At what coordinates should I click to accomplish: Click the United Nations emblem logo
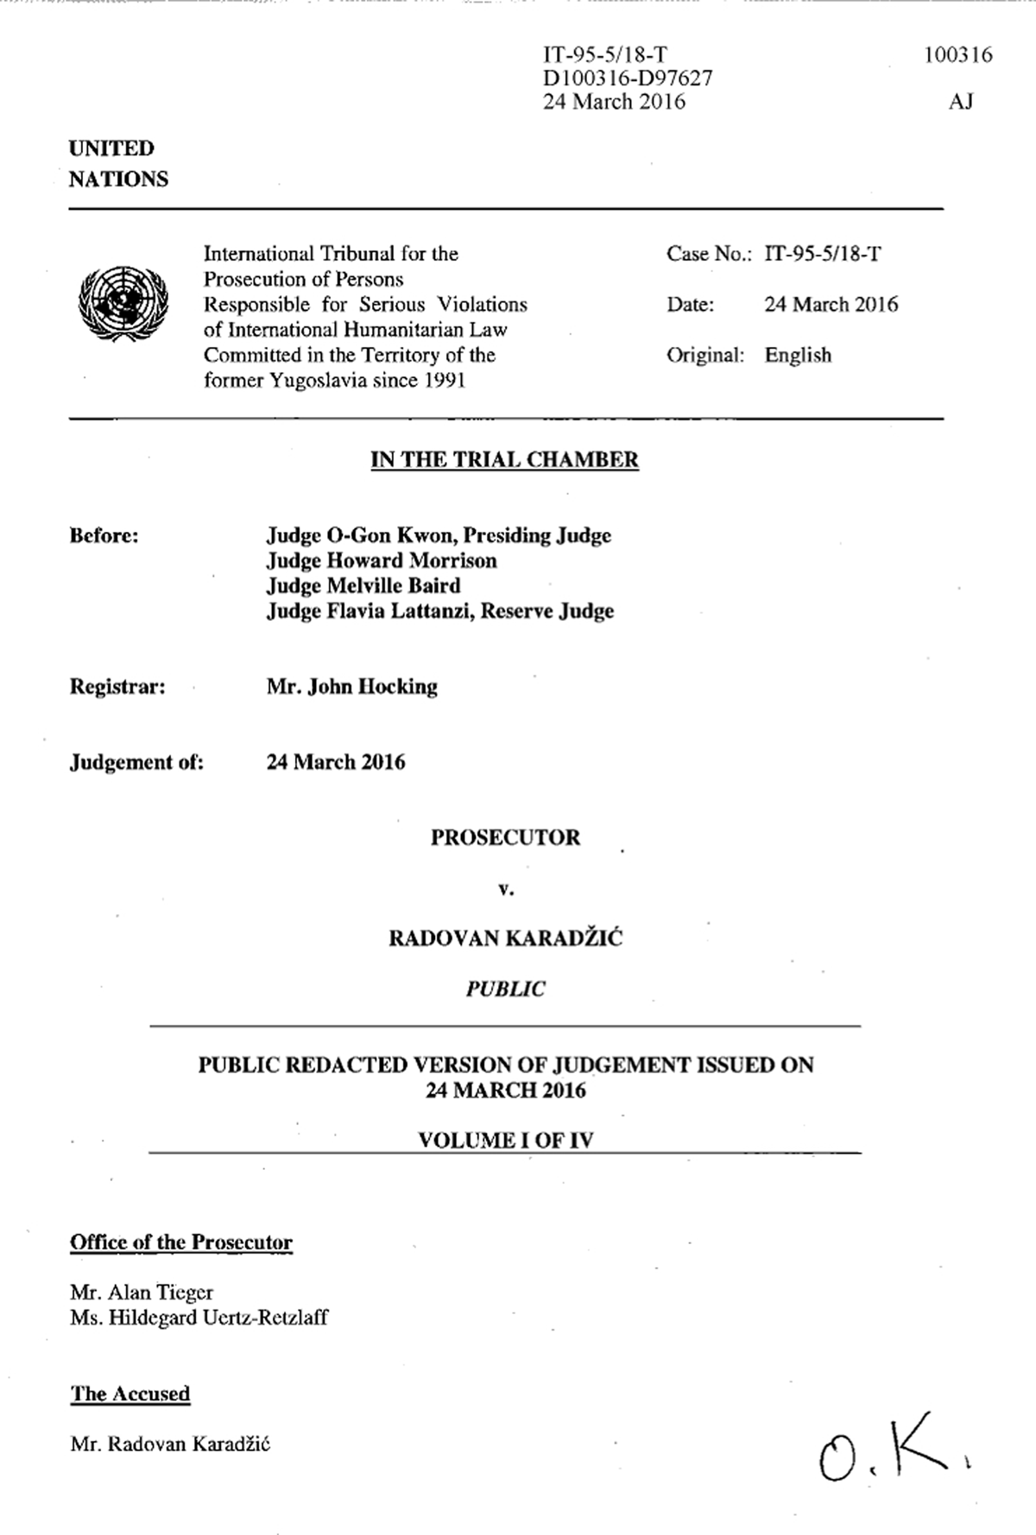coord(123,303)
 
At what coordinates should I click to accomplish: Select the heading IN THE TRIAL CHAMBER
coord(504,459)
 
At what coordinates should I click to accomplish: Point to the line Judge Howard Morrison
coord(382,561)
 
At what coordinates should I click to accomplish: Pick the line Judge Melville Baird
coord(363,586)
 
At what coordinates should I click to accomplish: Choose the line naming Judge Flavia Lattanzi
coord(439,611)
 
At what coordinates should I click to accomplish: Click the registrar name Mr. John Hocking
coord(352,687)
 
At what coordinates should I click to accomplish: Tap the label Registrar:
coord(117,687)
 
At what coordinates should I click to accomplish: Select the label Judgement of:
coord(136,762)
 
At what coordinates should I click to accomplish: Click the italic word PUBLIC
coord(505,989)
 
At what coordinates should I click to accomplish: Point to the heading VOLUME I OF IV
coord(505,1140)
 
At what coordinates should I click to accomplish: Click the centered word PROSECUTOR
coord(505,837)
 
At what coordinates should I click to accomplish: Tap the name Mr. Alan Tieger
coord(142,1292)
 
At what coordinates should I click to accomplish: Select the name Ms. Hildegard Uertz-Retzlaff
coord(199,1317)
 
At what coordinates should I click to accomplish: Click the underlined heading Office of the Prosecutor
coord(181,1242)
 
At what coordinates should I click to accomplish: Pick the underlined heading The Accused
coord(129,1393)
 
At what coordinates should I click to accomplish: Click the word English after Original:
coord(798,356)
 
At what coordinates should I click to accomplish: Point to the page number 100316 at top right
coord(957,55)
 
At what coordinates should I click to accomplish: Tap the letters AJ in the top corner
coord(961,102)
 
